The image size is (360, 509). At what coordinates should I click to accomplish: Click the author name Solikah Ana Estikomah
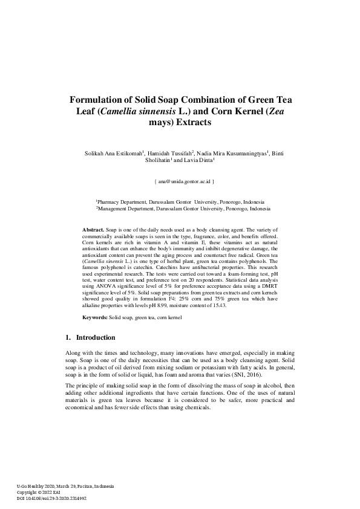point(114,154)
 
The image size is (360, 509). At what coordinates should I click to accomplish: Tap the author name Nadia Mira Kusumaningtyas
point(234,154)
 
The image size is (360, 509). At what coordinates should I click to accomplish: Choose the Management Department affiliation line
point(183,208)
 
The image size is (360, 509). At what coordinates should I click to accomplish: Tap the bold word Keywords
point(95,317)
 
